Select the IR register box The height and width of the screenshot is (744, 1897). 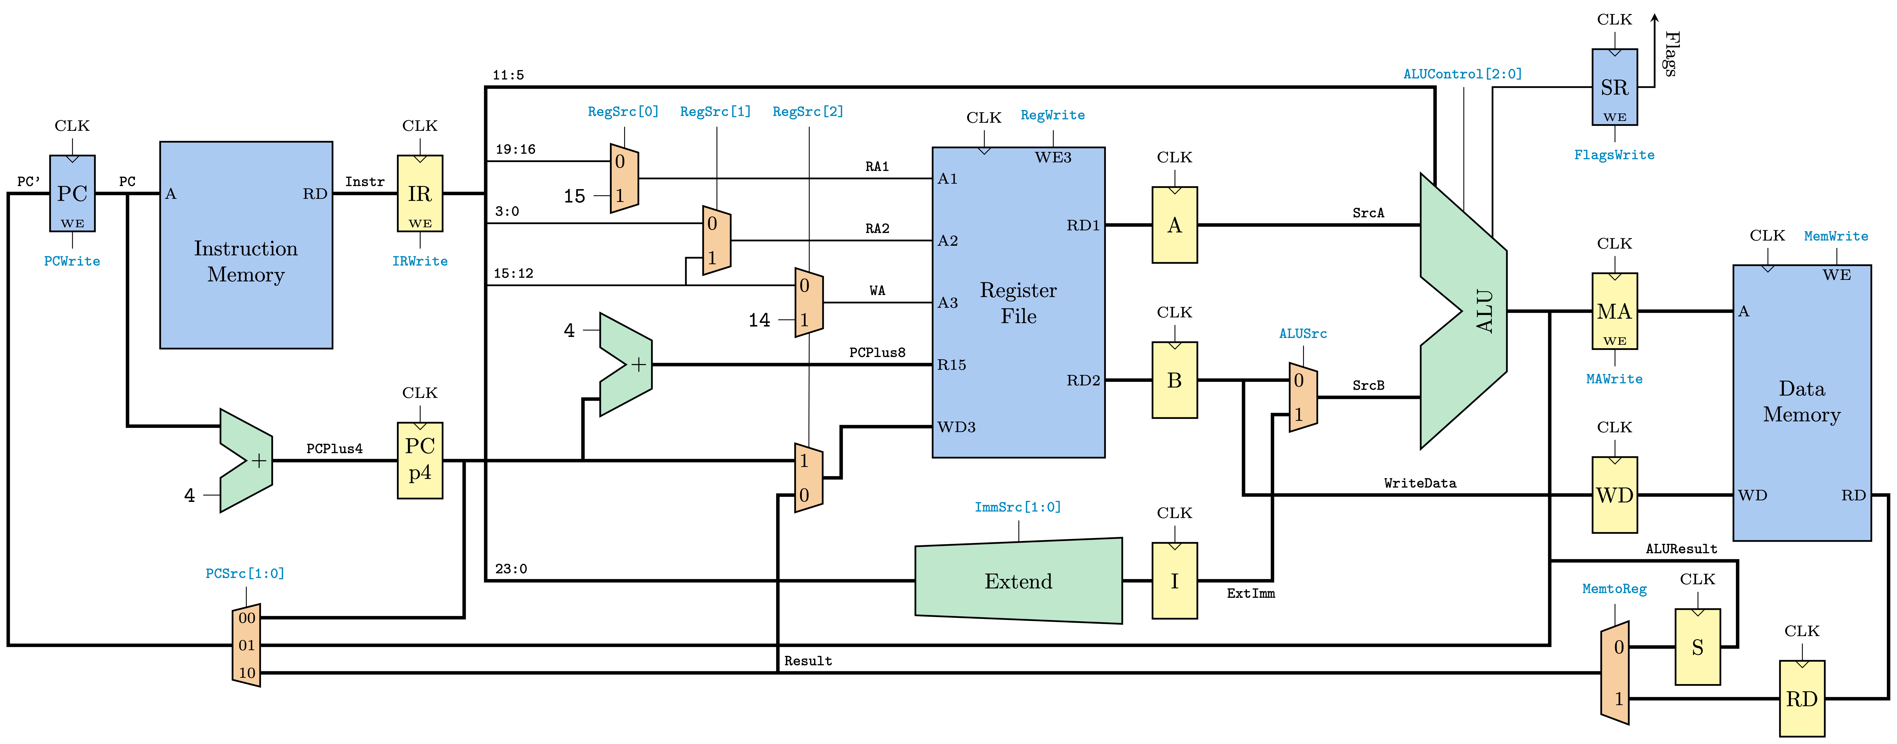tap(420, 193)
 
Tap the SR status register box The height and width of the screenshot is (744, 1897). tap(1614, 87)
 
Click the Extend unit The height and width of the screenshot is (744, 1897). tap(1018, 581)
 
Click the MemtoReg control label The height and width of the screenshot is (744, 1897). tap(1614, 589)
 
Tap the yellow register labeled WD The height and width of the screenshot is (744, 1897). tap(1614, 495)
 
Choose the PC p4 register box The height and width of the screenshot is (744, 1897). tap(420, 460)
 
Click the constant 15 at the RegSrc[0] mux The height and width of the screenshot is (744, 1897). tap(574, 196)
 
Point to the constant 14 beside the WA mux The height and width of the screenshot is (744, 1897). tap(759, 320)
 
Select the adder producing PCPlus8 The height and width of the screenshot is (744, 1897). tap(626, 365)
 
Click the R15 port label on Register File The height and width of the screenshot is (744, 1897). tap(951, 365)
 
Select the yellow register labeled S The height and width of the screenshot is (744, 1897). tap(1697, 647)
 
